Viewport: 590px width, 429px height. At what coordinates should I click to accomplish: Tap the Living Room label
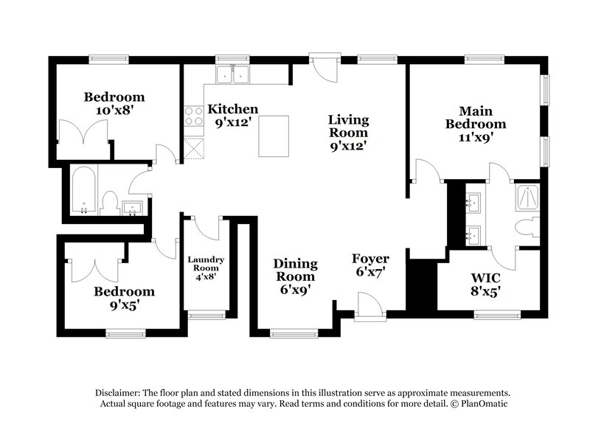(x=348, y=133)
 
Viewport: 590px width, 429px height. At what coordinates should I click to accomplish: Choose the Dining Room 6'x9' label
(x=295, y=276)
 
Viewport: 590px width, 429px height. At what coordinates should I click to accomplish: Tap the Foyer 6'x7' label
(x=369, y=265)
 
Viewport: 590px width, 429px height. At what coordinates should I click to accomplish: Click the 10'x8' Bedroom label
(x=114, y=103)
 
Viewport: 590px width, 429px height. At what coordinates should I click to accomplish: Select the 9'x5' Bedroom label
(x=123, y=298)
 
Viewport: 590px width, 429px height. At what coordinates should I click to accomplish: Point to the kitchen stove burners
(x=193, y=116)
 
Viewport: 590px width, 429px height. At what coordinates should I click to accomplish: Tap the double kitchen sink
(x=233, y=74)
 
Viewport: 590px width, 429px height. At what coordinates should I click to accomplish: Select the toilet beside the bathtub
(x=110, y=203)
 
